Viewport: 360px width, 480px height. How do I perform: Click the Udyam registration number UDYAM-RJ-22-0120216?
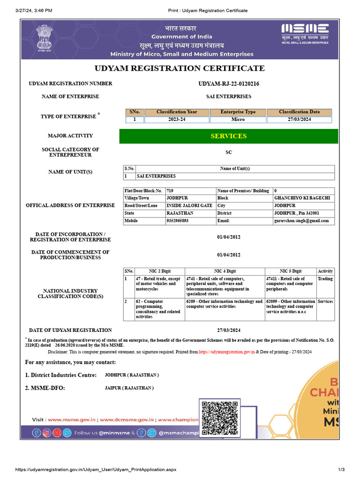coord(229,84)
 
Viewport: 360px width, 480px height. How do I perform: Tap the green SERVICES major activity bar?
coord(229,136)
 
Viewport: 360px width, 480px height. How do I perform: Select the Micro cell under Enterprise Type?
coord(238,120)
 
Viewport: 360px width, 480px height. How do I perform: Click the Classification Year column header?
coord(177,112)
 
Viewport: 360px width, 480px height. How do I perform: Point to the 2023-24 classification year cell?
coord(177,120)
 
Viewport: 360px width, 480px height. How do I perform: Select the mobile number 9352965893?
coord(177,221)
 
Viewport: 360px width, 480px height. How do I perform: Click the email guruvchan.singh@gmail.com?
coord(301,221)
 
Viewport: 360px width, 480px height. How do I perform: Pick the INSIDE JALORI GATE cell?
coord(186,206)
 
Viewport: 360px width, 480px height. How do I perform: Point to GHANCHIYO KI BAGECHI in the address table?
coord(301,198)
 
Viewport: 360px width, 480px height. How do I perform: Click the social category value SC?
coord(229,152)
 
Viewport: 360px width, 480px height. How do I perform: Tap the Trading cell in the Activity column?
coord(325,279)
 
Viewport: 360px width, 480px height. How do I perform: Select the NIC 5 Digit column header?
coord(291,271)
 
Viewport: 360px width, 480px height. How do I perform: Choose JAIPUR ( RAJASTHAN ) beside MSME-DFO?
coord(129,388)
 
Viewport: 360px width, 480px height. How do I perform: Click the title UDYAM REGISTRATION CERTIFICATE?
coord(180,68)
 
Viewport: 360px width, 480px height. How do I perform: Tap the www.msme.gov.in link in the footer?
coord(72,420)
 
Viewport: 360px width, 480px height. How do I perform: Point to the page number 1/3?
coord(341,470)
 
